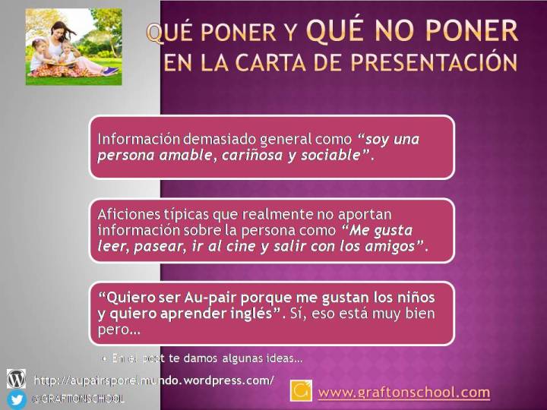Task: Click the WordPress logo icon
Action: point(16,379)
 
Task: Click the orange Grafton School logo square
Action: point(301,391)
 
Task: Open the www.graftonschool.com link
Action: point(403,393)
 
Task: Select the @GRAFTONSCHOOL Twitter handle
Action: point(77,399)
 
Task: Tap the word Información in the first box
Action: point(139,140)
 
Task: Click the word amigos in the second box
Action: point(390,247)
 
